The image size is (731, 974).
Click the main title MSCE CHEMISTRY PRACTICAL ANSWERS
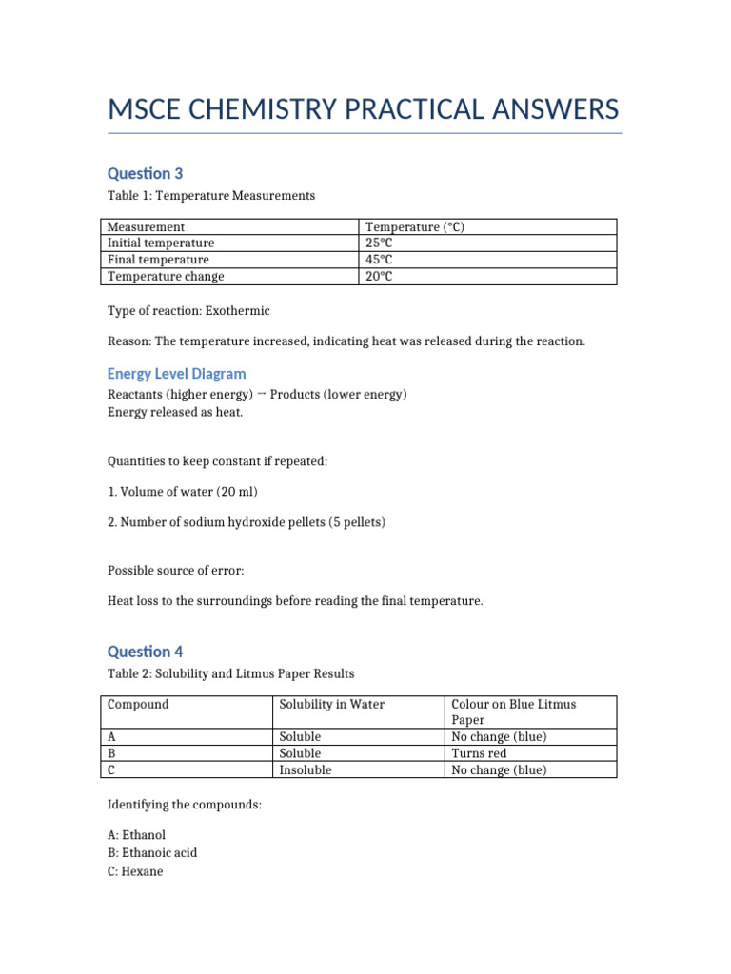[364, 109]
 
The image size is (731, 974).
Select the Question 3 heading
[145, 173]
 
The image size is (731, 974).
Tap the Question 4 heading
[145, 652]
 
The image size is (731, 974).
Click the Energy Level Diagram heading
[176, 374]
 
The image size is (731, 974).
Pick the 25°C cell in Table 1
[379, 243]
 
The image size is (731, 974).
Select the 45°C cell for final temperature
[379, 260]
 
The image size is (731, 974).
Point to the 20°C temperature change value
[379, 276]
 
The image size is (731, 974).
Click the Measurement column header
[146, 227]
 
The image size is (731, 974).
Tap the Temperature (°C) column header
[414, 227]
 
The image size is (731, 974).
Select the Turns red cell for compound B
[479, 753]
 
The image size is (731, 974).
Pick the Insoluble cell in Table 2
[305, 769]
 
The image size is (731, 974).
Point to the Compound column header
[138, 705]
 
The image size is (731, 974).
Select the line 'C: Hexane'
[135, 870]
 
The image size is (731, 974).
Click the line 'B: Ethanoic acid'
[152, 852]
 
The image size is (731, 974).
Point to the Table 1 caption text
[210, 196]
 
